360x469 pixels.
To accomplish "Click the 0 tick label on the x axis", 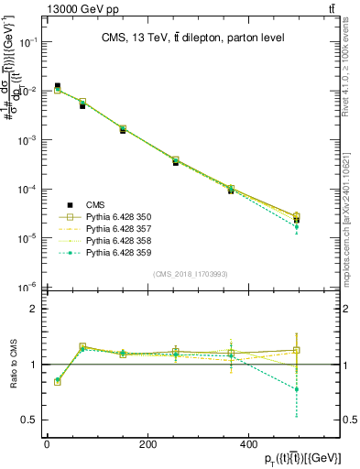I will point(47,444).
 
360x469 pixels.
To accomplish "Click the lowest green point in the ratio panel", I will point(296,389).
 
